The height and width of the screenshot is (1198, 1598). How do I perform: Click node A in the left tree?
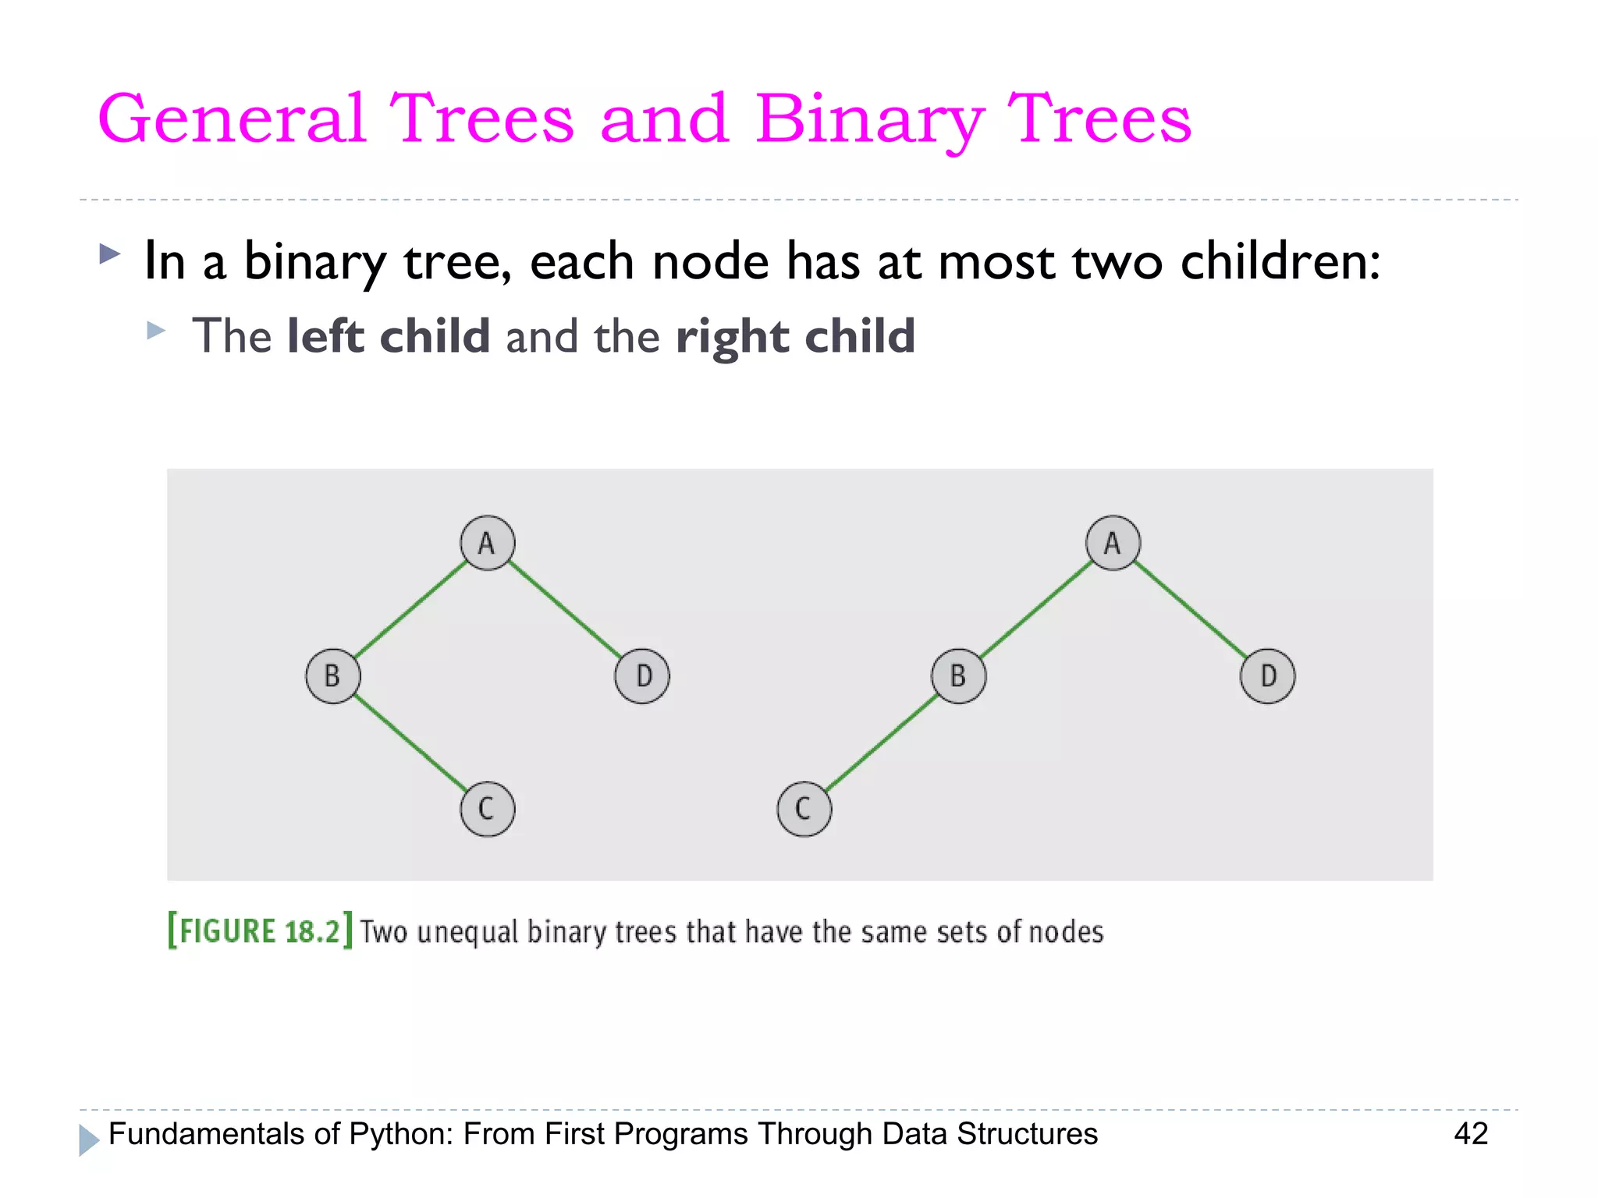pyautogui.click(x=487, y=543)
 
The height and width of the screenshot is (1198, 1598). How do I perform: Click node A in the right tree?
pyautogui.click(x=1113, y=543)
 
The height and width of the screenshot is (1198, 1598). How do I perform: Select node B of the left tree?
pyautogui.click(x=333, y=676)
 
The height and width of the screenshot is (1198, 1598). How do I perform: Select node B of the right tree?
pyautogui.click(x=958, y=676)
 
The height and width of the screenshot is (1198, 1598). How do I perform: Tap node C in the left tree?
pyautogui.click(x=487, y=810)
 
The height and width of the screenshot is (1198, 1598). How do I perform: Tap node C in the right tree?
pyautogui.click(x=804, y=810)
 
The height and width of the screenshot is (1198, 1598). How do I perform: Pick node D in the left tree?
pyautogui.click(x=642, y=676)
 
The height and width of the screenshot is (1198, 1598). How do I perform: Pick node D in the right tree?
pyautogui.click(x=1267, y=676)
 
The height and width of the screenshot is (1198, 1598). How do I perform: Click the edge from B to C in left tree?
pyautogui.click(x=410, y=743)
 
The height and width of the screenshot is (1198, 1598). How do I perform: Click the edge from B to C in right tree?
pyautogui.click(x=881, y=743)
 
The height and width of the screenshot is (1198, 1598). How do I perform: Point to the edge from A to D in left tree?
pyautogui.click(x=565, y=610)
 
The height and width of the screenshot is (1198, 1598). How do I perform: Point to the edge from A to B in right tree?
pyautogui.click(x=1035, y=610)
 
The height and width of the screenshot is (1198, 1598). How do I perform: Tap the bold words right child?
pyautogui.click(x=795, y=336)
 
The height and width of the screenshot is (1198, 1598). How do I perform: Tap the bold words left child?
pyautogui.click(x=388, y=336)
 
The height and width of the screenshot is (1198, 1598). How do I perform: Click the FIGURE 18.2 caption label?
pyautogui.click(x=260, y=931)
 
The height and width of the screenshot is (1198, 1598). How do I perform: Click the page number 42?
pyautogui.click(x=1471, y=1133)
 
